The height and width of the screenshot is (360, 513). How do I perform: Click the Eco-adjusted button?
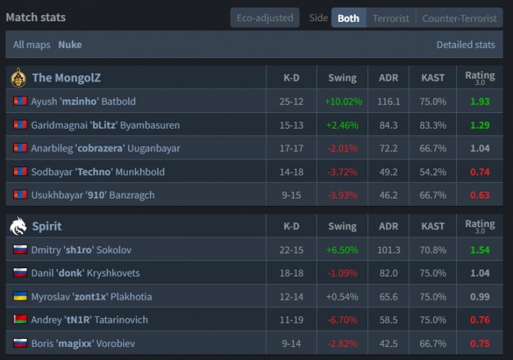tap(265, 18)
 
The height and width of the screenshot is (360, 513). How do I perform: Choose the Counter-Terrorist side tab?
tap(459, 18)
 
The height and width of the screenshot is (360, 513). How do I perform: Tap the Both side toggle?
tap(348, 18)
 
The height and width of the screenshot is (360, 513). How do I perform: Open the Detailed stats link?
tap(466, 44)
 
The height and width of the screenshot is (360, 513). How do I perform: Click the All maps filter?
tap(32, 44)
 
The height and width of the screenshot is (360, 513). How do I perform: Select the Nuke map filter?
tap(70, 44)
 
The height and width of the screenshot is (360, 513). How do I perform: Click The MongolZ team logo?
tap(18, 77)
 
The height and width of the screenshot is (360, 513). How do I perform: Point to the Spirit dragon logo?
tap(18, 226)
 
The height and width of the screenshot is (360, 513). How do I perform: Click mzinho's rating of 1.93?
tap(479, 101)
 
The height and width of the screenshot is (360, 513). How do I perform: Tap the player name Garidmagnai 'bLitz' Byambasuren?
tap(105, 125)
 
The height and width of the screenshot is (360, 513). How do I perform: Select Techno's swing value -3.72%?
tap(342, 172)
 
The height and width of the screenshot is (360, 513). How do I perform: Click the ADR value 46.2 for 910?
tap(389, 195)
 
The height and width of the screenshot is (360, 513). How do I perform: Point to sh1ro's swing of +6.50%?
tap(342, 250)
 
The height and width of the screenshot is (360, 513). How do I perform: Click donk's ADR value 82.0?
tap(389, 273)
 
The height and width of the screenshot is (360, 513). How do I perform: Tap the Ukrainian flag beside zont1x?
tap(20, 296)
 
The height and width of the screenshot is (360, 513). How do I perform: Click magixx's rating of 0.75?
tap(479, 343)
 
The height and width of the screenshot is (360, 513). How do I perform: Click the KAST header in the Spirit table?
tap(432, 226)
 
